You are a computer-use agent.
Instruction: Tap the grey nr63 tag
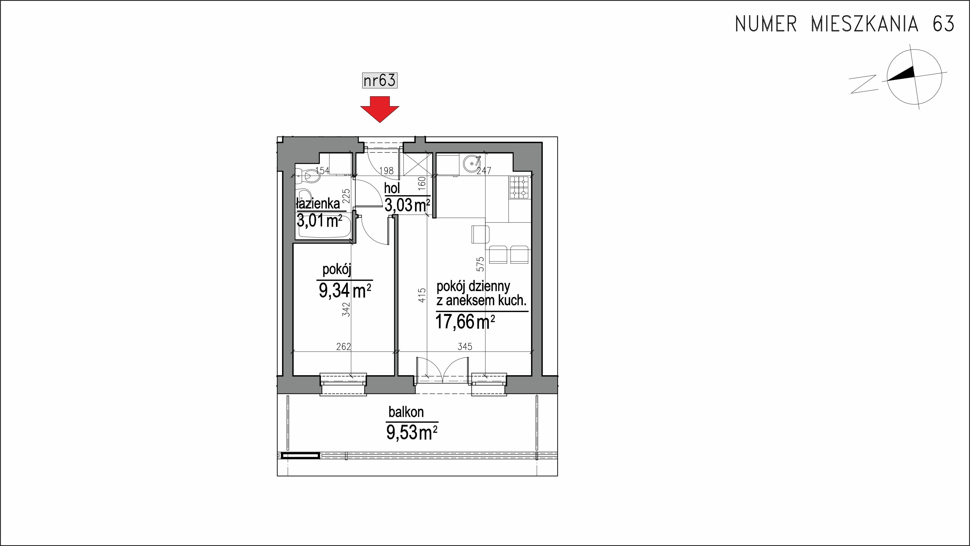point(380,80)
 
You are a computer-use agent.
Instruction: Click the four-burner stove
point(520,187)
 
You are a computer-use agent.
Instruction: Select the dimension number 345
point(465,346)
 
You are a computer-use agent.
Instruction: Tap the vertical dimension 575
point(480,264)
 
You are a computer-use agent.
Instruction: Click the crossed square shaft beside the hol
point(417,164)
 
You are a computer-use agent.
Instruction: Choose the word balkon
point(406,412)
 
